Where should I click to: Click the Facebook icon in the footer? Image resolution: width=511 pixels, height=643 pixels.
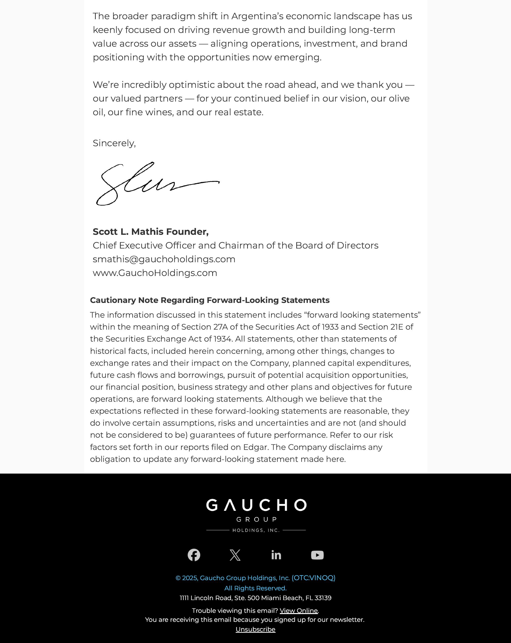[194, 555]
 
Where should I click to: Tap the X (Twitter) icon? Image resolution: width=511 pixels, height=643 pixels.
[235, 555]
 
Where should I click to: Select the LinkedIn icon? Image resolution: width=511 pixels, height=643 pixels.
[276, 555]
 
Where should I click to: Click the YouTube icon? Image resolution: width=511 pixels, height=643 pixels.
[317, 555]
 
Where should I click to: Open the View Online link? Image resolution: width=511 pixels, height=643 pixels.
[299, 611]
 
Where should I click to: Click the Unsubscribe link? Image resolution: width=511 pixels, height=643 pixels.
[255, 629]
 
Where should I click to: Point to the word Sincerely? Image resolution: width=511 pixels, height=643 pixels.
[114, 143]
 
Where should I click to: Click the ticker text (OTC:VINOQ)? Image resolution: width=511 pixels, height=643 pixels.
[313, 578]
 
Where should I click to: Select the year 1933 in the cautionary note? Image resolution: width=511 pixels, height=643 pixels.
[330, 327]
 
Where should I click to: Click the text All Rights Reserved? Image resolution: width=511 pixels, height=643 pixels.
[255, 588]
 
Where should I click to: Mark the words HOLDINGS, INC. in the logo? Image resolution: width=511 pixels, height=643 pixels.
[256, 530]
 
